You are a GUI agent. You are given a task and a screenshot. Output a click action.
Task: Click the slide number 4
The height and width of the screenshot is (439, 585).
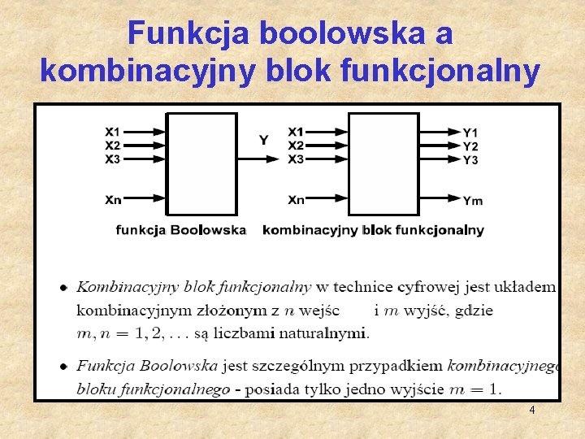(x=531, y=411)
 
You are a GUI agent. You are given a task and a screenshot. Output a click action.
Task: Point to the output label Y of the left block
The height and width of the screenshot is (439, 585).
(x=263, y=140)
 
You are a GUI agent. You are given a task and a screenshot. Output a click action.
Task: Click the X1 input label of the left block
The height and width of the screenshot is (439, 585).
(x=112, y=131)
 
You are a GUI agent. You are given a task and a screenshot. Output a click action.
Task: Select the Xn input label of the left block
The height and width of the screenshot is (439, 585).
(x=112, y=199)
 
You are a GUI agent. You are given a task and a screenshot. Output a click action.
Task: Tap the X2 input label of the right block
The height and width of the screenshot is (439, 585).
(x=296, y=145)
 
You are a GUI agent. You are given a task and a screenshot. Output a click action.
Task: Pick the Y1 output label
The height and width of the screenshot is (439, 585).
(x=470, y=133)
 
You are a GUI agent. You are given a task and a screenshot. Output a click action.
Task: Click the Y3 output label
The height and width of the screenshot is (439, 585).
(x=470, y=160)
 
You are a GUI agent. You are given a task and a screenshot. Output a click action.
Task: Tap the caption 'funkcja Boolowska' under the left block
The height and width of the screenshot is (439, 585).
(x=180, y=230)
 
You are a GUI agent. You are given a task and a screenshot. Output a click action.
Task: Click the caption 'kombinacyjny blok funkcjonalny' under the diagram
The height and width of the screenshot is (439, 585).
(x=373, y=230)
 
